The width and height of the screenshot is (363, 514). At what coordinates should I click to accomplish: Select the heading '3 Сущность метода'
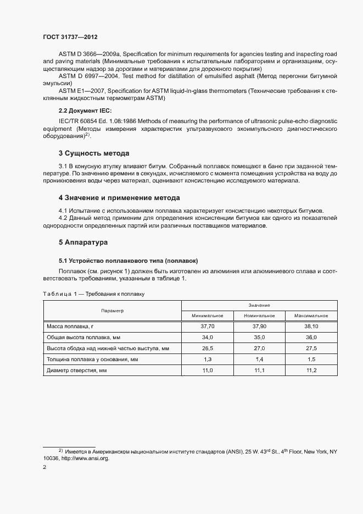pyautogui.click(x=94, y=153)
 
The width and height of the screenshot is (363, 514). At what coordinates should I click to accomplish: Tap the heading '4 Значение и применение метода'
pyautogui.click(x=119, y=198)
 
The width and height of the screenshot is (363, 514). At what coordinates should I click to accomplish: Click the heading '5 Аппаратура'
pyautogui.click(x=83, y=242)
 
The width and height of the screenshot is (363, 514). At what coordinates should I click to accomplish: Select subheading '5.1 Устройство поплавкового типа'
pyautogui.click(x=128, y=260)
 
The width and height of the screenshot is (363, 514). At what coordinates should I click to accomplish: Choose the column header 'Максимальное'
pyautogui.click(x=311, y=316)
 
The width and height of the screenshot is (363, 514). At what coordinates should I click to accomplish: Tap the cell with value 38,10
pyautogui.click(x=311, y=326)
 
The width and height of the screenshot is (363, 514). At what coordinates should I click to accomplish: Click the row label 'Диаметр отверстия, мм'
pyautogui.click(x=76, y=371)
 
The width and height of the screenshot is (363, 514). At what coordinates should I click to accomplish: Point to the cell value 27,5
pyautogui.click(x=311, y=348)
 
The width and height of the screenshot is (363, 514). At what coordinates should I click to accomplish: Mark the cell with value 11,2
pyautogui.click(x=311, y=371)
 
